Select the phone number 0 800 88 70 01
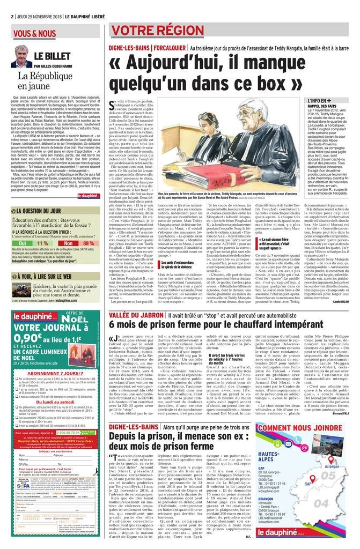(x=72, y=432)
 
